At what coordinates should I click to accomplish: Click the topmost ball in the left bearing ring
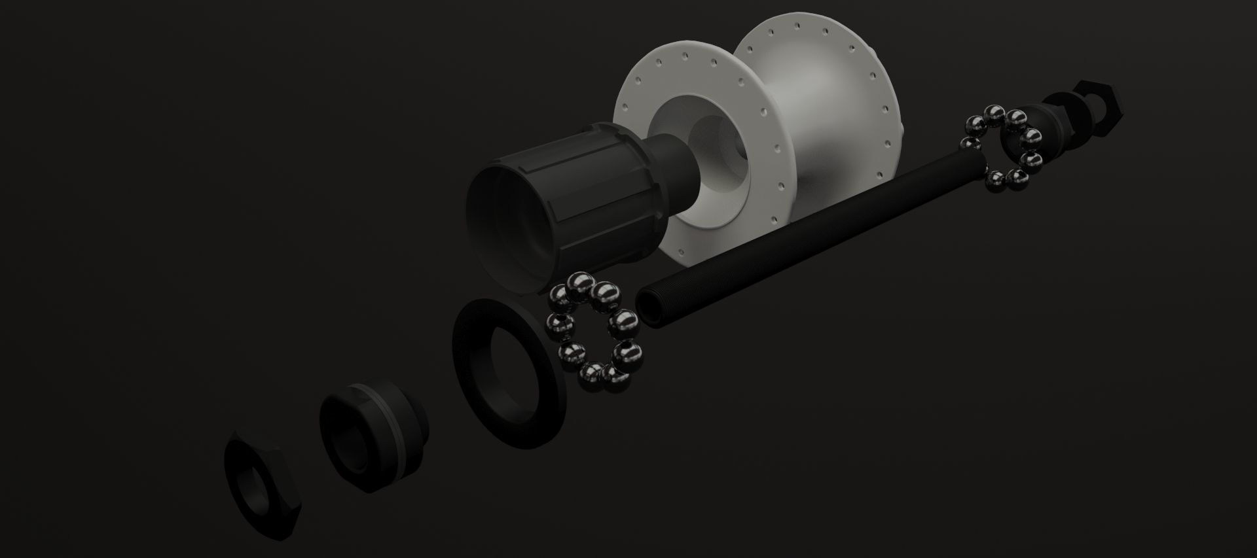coord(580,286)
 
